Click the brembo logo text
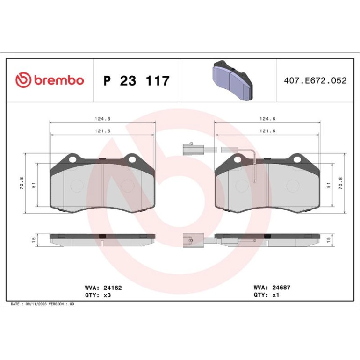tap(59, 80)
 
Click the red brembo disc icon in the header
tap(23, 80)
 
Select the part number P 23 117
tap(137, 80)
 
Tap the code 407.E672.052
tap(315, 80)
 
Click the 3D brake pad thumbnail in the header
tap(232, 80)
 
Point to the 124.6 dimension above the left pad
tap(103, 119)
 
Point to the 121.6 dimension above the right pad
tap(267, 131)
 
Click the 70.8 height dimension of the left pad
tap(22, 183)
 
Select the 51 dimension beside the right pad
tap(329, 185)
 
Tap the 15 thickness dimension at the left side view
tap(34, 240)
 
